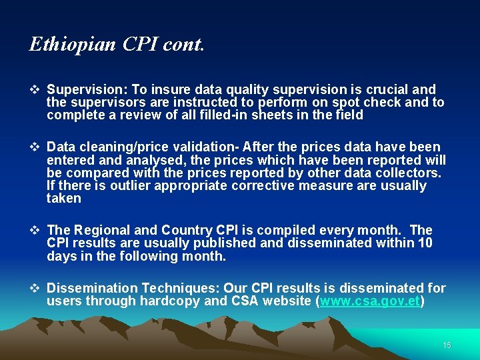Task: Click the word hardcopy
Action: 169,301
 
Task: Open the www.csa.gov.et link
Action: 370,301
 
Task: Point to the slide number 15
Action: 447,345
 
